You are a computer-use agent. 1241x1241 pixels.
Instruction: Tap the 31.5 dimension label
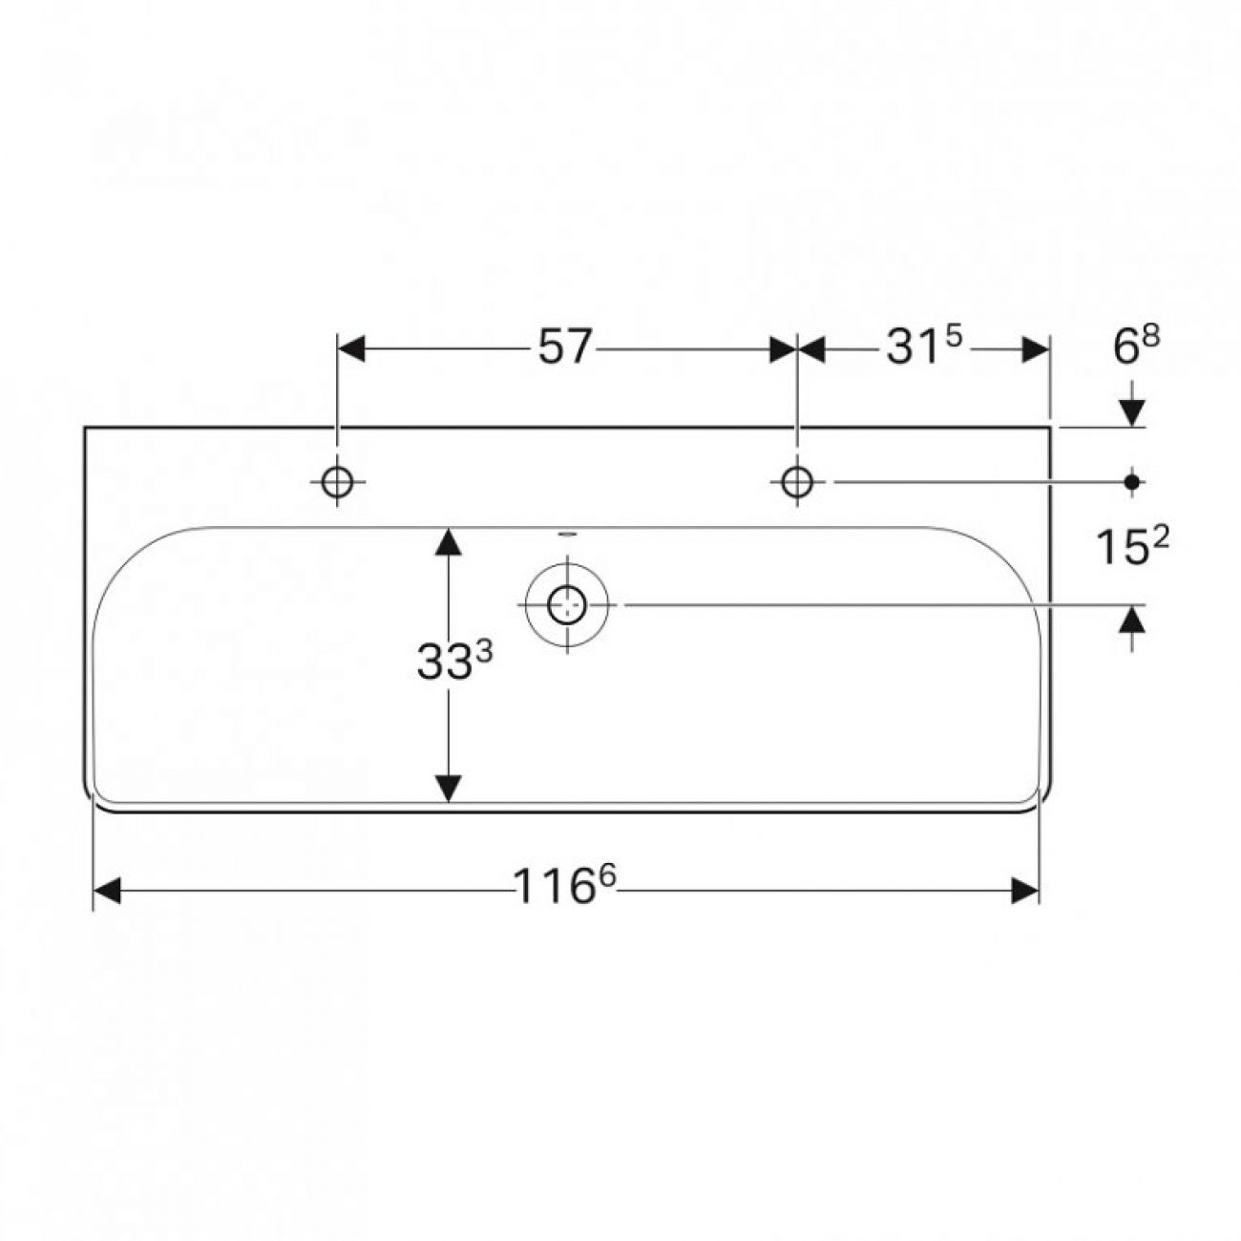[x=924, y=347]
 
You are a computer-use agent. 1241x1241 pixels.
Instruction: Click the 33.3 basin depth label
[x=454, y=661]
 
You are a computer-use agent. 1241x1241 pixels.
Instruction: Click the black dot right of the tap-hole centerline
[x=1131, y=482]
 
